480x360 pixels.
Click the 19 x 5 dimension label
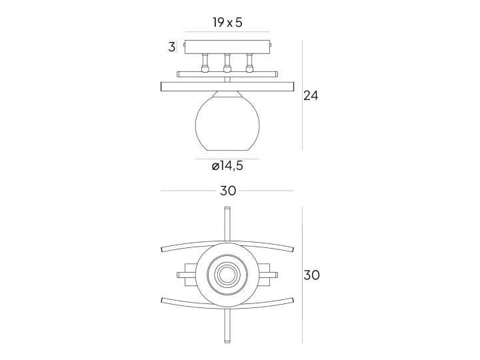pyautogui.click(x=227, y=23)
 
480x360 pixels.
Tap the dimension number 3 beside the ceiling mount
pyautogui.click(x=172, y=47)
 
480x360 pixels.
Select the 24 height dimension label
pyautogui.click(x=311, y=96)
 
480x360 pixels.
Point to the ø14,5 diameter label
pyautogui.click(x=227, y=166)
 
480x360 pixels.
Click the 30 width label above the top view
pyautogui.click(x=228, y=191)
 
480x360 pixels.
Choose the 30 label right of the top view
pyautogui.click(x=311, y=275)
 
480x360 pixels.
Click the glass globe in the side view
pyautogui.click(x=227, y=124)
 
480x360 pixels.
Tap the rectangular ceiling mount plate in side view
pyautogui.click(x=227, y=47)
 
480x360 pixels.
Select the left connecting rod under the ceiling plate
pyautogui.click(x=205, y=63)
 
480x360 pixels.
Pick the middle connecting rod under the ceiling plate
pyautogui.click(x=227, y=63)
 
